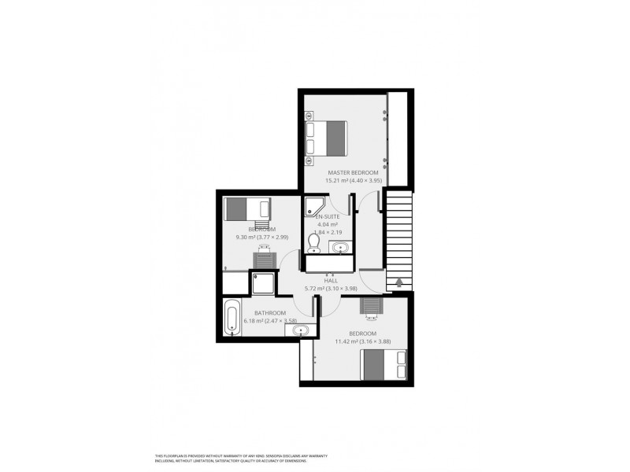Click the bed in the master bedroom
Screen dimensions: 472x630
[x=326, y=137]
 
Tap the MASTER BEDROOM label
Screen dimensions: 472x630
[x=347, y=172]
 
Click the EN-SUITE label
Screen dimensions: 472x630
[x=328, y=216]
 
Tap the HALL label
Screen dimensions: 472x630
[x=331, y=280]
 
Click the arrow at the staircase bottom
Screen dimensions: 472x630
[x=398, y=282]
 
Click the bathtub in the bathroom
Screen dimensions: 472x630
[x=232, y=319]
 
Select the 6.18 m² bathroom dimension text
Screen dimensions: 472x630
[x=270, y=321]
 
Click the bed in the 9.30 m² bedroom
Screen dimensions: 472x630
[x=247, y=209]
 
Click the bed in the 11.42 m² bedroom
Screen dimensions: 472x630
[x=384, y=364]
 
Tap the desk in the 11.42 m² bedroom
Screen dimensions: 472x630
[x=370, y=308]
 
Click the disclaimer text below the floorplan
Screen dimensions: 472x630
[x=241, y=459]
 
